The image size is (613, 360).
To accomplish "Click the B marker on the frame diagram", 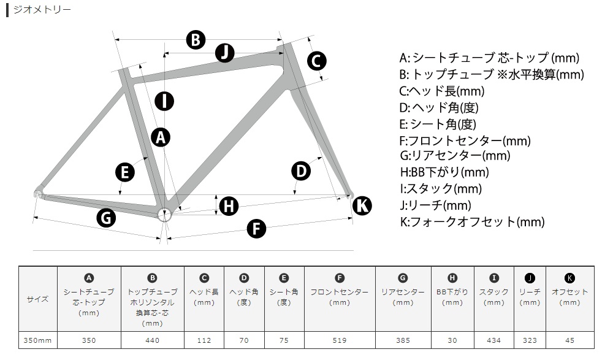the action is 196,39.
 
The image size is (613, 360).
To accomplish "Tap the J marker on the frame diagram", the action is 225,53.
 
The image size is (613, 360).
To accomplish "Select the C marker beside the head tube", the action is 316,61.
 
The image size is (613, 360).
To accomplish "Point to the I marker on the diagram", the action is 164,101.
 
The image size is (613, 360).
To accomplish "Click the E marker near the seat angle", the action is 125,172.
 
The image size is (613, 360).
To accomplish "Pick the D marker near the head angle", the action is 301,171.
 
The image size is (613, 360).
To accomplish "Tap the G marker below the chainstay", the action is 106,218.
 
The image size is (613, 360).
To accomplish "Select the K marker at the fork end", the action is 362,205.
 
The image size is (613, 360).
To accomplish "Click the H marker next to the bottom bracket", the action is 229,206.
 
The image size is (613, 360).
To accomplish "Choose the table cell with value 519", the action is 340,340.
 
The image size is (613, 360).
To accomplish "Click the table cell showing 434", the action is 493,340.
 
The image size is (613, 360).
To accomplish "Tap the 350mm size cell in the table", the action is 37,340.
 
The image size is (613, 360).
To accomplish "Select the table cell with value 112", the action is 204,340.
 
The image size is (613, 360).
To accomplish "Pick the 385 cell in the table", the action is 403,340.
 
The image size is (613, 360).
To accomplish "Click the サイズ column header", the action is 37,299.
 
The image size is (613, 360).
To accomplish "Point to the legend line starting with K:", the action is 472,222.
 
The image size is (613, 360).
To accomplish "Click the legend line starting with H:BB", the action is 444,172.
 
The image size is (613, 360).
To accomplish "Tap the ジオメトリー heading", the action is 42,9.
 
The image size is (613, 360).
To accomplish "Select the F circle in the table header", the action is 340,278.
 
